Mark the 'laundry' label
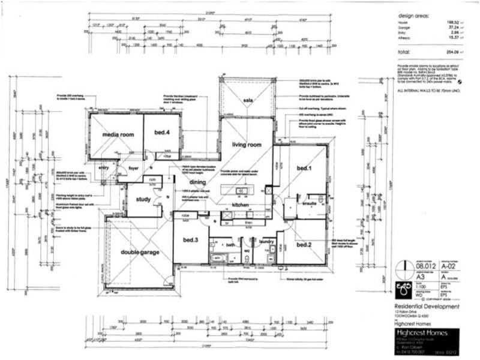coord(267,242)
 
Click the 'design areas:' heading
coord(413,16)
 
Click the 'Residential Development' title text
coord(427,306)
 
